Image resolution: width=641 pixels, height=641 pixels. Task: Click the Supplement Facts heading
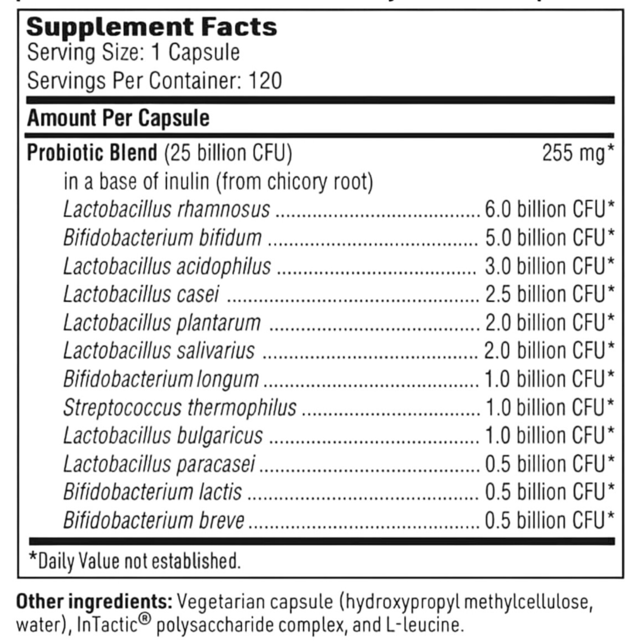[152, 27]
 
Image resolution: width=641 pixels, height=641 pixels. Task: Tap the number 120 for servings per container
[265, 81]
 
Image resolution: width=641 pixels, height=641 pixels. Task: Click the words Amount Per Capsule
[118, 118]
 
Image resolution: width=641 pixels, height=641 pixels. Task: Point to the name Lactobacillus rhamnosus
[166, 210]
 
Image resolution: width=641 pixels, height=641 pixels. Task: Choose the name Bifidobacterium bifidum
[163, 238]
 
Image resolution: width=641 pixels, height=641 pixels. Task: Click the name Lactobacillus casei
[141, 295]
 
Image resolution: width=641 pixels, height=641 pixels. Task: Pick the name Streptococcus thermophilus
[180, 408]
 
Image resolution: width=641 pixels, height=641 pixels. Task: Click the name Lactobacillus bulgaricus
[163, 436]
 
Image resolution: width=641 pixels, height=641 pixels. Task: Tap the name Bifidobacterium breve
[154, 521]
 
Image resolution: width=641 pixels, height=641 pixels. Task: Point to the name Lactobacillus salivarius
[159, 351]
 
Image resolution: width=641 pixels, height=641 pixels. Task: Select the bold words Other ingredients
[94, 602]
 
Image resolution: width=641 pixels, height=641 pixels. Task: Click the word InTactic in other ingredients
[107, 625]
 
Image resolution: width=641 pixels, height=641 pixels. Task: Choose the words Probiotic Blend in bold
[92, 153]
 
